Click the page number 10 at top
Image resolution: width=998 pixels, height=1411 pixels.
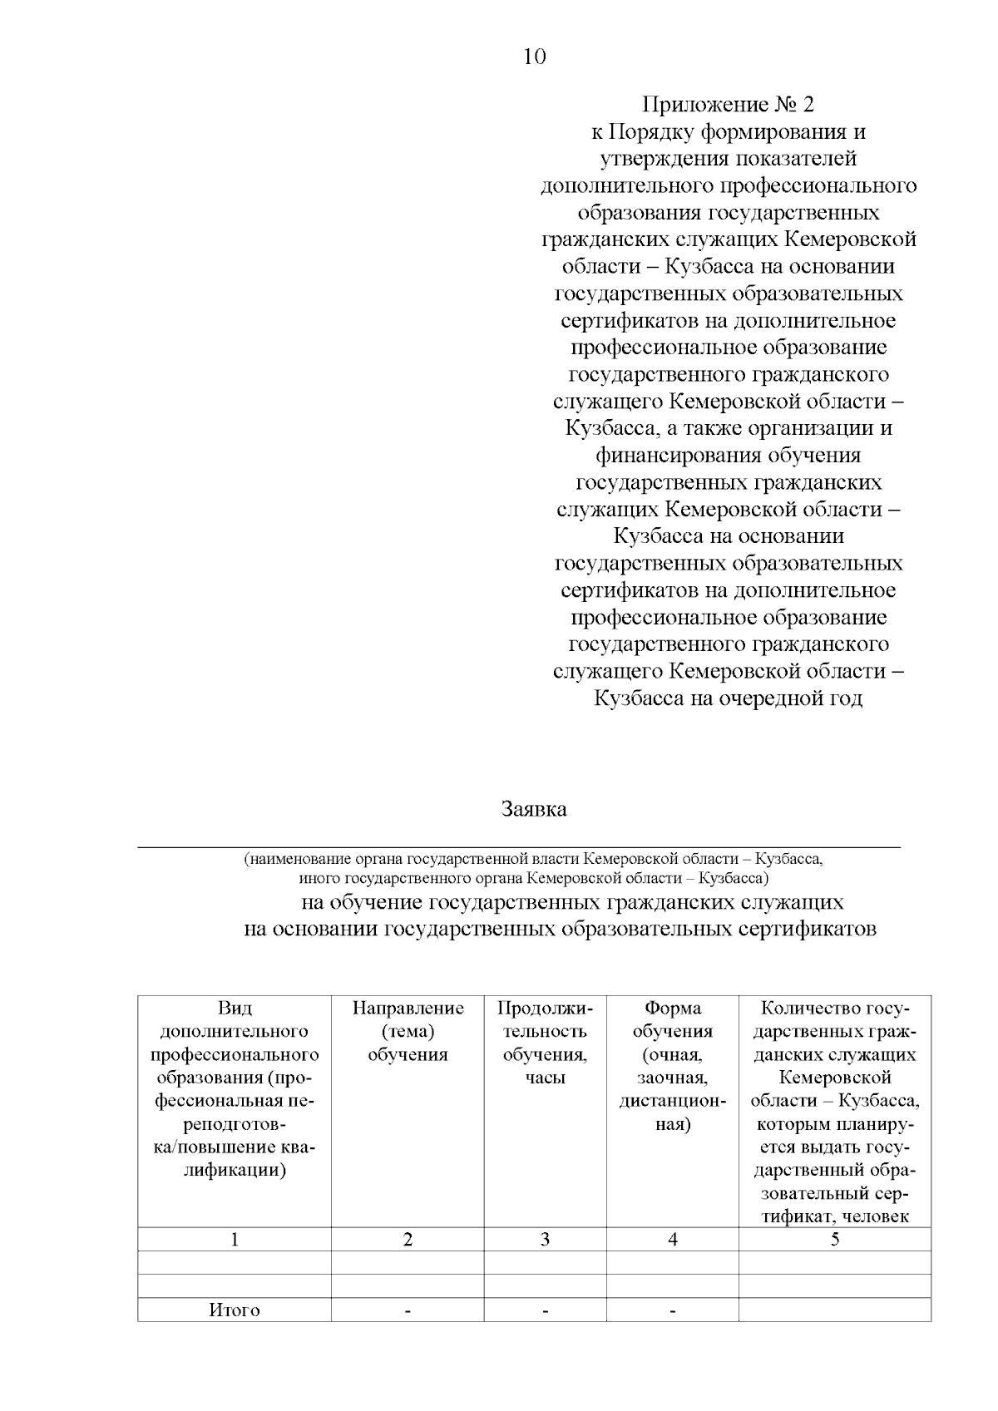535,57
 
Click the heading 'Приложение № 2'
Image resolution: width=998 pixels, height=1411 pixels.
728,105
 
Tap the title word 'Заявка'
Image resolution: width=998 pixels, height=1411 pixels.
534,808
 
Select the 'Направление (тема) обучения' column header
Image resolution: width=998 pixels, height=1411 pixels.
408,1031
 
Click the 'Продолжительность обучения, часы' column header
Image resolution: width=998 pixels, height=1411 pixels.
545,1043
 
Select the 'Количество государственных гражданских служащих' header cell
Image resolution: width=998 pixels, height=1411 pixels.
834,1113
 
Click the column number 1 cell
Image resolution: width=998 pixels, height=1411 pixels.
235,1240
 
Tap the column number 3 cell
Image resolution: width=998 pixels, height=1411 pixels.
545,1240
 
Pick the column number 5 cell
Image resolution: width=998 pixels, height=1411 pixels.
834,1240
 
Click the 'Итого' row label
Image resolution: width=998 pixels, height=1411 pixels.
235,1310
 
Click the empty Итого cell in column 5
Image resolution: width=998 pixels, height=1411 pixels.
834,1310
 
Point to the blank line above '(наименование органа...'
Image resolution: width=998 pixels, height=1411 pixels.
519,845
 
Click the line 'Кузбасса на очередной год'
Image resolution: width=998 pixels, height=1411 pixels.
728,698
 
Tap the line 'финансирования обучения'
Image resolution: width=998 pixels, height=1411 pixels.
728,456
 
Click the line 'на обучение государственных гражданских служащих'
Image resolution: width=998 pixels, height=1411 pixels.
572,902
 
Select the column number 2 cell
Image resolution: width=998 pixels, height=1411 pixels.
408,1240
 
